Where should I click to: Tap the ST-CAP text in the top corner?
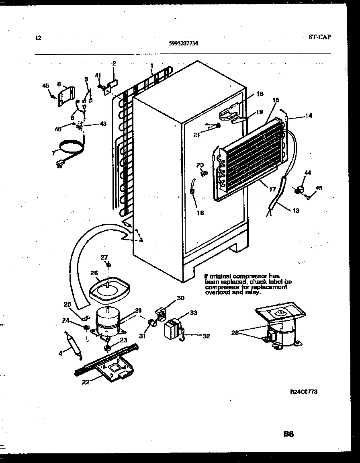click(x=320, y=37)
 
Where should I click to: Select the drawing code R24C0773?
click(x=304, y=391)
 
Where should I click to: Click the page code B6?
click(x=288, y=434)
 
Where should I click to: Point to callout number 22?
click(x=85, y=382)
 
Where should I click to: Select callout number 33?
click(x=193, y=312)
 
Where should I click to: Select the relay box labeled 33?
click(x=172, y=328)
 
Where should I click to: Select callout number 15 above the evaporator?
click(x=276, y=100)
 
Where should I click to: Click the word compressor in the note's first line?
click(x=250, y=276)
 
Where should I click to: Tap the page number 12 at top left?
click(x=38, y=38)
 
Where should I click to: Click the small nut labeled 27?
click(x=108, y=265)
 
